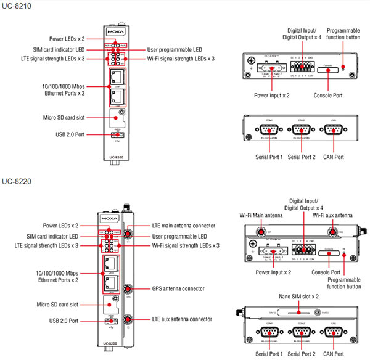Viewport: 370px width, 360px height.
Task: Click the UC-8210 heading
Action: pos(17,6)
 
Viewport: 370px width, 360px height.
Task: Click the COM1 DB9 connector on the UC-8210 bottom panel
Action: pos(268,131)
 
